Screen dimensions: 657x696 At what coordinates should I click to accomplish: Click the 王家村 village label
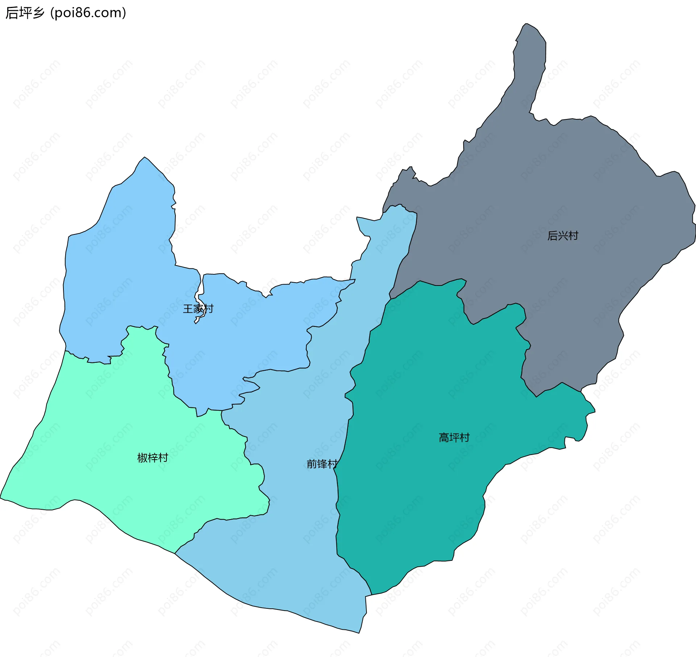198,309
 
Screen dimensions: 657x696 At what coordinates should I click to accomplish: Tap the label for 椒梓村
153,458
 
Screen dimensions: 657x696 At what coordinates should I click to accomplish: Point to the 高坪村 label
454,438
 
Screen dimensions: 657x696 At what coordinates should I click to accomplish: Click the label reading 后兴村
563,236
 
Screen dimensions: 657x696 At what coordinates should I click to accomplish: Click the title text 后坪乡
25,13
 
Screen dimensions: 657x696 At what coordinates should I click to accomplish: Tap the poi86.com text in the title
88,13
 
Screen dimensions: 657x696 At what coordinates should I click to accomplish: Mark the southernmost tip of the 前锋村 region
359,633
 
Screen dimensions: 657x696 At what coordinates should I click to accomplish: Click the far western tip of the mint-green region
1,498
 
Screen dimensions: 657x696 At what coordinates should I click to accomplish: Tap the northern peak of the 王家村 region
145,157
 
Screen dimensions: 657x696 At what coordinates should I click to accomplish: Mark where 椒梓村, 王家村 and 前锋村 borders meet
221,411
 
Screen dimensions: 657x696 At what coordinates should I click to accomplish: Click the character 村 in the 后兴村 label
573,236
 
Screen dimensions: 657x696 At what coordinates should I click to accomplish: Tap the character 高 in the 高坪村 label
444,438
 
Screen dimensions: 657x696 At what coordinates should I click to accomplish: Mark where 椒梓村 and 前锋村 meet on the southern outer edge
175,554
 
